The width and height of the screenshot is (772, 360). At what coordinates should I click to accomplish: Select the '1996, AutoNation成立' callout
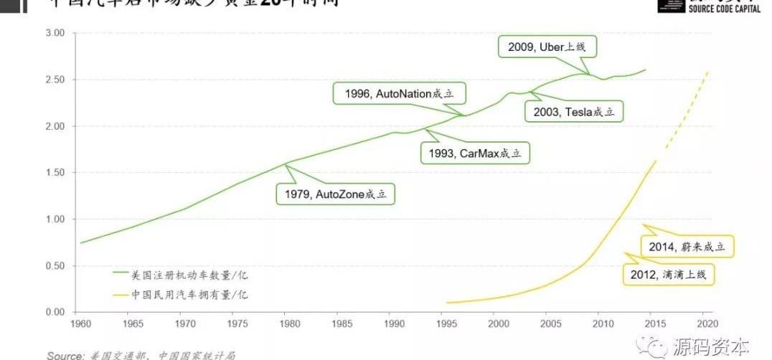click(400, 94)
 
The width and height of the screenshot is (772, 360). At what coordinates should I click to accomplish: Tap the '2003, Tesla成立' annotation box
click(575, 112)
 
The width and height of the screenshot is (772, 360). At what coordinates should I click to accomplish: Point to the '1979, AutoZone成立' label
click(336, 194)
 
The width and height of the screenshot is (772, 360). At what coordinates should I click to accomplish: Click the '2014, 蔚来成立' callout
click(687, 247)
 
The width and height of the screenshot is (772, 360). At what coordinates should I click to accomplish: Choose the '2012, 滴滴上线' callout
click(670, 274)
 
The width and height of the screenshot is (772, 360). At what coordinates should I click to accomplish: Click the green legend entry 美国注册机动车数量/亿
click(190, 274)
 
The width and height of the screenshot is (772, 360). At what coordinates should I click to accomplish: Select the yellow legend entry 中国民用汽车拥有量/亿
click(190, 294)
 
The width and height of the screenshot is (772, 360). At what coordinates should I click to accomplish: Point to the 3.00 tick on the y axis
click(55, 33)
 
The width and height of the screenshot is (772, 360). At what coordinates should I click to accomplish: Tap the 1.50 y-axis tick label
click(55, 173)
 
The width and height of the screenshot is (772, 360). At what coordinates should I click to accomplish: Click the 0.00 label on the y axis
click(55, 312)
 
